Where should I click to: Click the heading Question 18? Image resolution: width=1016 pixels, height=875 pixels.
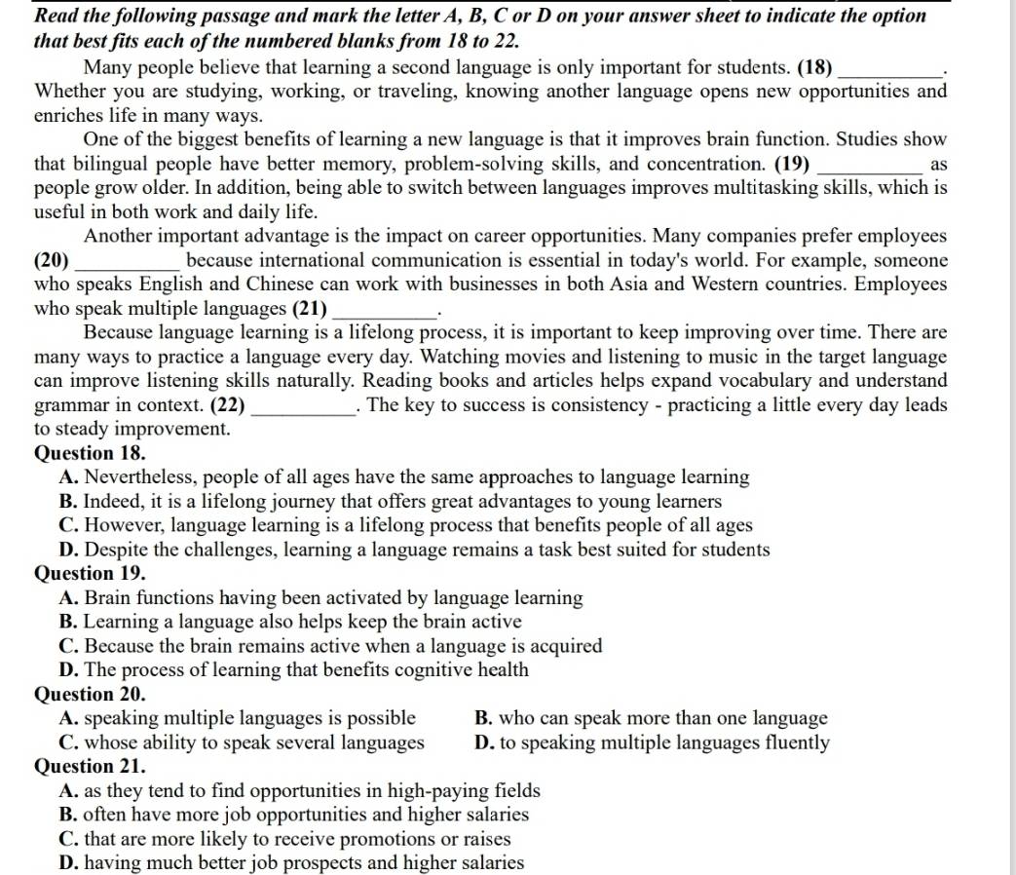tap(90, 453)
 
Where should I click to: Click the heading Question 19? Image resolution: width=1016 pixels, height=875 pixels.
tap(90, 574)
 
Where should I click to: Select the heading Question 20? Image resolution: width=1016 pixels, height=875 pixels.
tap(90, 695)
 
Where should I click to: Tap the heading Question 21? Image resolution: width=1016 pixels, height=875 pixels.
tap(90, 767)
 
